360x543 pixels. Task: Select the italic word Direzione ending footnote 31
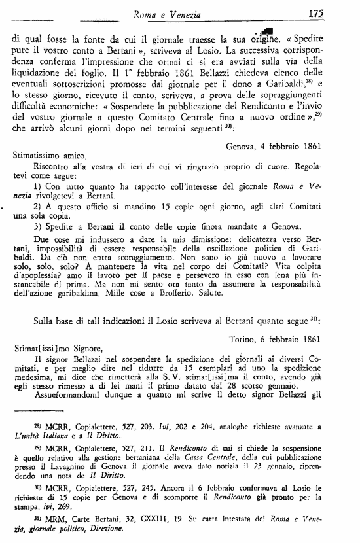click(x=105, y=534)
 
